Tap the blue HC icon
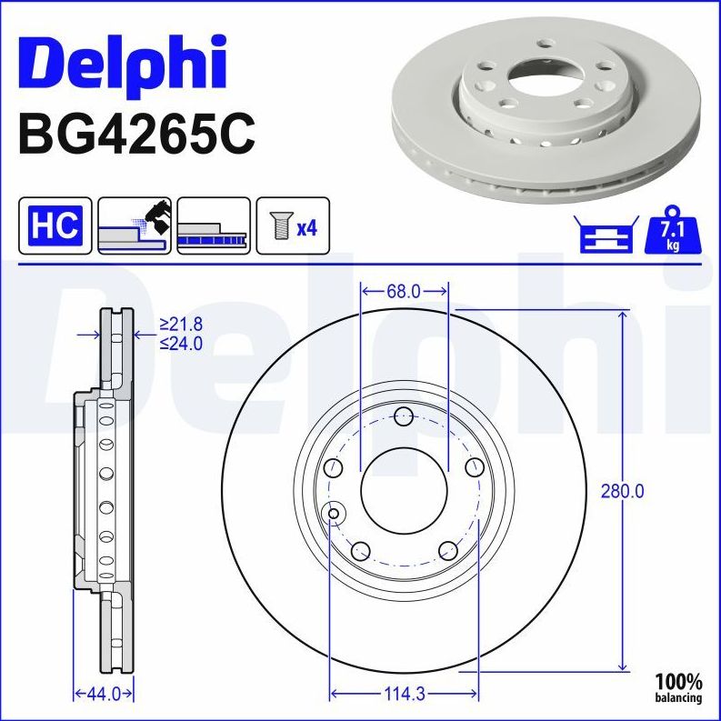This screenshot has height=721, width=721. (x=55, y=225)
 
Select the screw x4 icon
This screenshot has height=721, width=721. (x=292, y=225)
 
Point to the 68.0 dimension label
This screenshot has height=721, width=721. (x=403, y=291)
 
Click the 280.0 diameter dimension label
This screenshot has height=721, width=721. (x=623, y=491)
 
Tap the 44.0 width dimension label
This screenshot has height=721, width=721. (x=103, y=694)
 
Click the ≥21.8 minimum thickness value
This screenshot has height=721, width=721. (x=181, y=324)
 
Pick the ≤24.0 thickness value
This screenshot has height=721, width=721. (x=181, y=343)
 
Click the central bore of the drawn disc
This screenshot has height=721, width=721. (x=404, y=491)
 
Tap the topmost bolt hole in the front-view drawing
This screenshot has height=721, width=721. (x=404, y=417)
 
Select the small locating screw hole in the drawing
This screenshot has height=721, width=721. (x=334, y=515)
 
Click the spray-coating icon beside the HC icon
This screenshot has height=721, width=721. (x=134, y=225)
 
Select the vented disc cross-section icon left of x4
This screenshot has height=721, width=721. (x=213, y=225)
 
